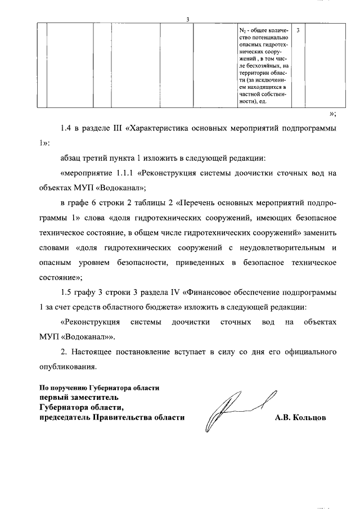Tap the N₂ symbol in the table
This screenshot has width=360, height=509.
tap(242, 30)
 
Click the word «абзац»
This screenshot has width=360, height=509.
tap(72, 159)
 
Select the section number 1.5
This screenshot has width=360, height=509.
tap(68, 292)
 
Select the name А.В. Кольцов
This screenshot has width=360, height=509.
tap(300, 418)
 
